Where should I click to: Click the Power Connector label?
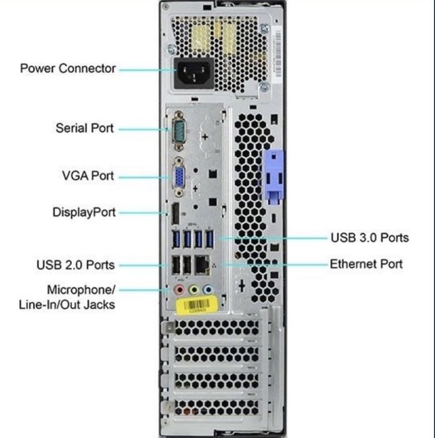(x=67, y=68)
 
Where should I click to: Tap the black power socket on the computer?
(x=193, y=73)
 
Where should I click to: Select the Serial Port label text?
(x=84, y=128)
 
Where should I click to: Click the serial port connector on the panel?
(x=179, y=131)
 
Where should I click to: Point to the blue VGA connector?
(x=179, y=177)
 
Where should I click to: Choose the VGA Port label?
(x=88, y=176)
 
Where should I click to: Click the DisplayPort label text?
(x=84, y=212)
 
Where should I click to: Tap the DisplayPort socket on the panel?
(x=176, y=214)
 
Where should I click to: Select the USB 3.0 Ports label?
(x=370, y=238)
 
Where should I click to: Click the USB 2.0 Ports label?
(x=76, y=265)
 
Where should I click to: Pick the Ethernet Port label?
(x=366, y=264)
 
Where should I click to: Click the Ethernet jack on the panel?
(x=202, y=264)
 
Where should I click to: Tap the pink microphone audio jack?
(x=179, y=290)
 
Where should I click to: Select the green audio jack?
(x=194, y=290)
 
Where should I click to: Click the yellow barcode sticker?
(x=197, y=305)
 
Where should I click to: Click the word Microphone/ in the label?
(x=81, y=290)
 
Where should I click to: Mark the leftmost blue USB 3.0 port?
(x=176, y=240)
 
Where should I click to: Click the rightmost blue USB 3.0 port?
(x=209, y=239)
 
